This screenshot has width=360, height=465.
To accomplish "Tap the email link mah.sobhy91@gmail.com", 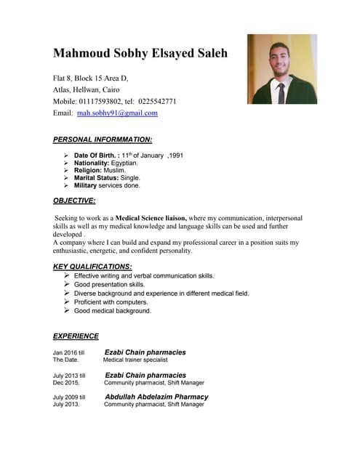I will (117, 113).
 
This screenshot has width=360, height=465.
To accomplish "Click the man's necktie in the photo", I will (281, 92).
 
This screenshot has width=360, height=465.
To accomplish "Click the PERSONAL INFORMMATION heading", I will (103, 139).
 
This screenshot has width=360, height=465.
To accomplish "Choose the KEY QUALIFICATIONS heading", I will (92, 267).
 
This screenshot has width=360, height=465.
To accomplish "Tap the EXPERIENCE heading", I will (76, 336).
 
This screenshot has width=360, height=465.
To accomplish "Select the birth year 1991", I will (175, 155).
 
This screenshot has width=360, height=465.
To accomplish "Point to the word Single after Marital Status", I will (129, 178).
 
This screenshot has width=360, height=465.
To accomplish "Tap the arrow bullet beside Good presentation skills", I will (66, 284).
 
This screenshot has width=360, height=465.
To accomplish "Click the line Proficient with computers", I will (111, 302).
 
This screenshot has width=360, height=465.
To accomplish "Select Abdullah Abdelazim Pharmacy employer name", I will (156, 397).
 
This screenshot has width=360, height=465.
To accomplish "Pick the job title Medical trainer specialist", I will (135, 360).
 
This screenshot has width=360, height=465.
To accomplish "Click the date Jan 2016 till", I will (69, 352).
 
